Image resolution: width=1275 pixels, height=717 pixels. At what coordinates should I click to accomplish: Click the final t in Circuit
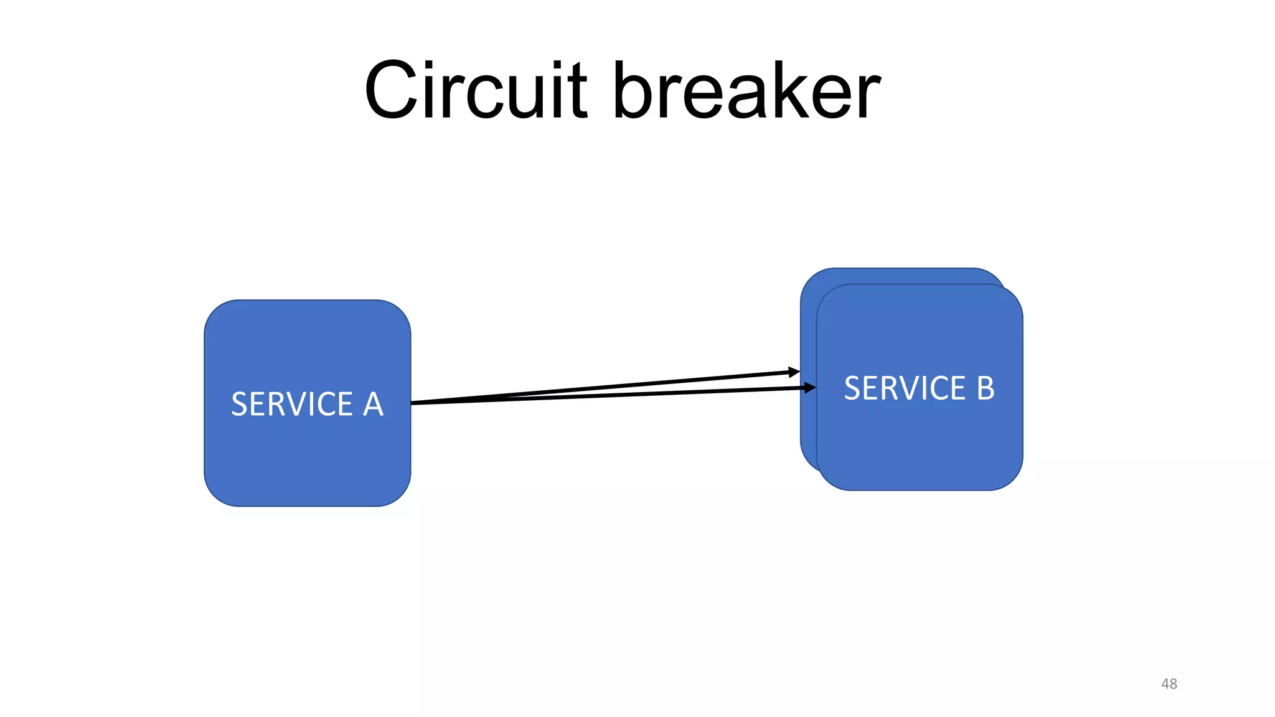pos(578,91)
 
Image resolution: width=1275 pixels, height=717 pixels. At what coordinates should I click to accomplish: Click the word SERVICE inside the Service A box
pos(291,404)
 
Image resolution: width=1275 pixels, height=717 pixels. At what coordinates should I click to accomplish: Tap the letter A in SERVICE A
pos(372,404)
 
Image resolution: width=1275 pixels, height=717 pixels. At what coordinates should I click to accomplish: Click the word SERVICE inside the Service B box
pos(904,388)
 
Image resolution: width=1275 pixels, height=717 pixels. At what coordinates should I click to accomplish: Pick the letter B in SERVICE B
pos(985,388)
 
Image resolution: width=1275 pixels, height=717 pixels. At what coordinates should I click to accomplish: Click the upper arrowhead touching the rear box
pos(794,372)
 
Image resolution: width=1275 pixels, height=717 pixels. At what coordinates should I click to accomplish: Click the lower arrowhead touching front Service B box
pos(811,388)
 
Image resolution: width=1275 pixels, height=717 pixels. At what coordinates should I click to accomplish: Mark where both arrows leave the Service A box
pos(413,403)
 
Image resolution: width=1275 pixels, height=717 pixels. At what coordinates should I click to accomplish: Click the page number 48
pos(1169,683)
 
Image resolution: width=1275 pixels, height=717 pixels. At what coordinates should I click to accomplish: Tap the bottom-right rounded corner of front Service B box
pos(1011,479)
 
